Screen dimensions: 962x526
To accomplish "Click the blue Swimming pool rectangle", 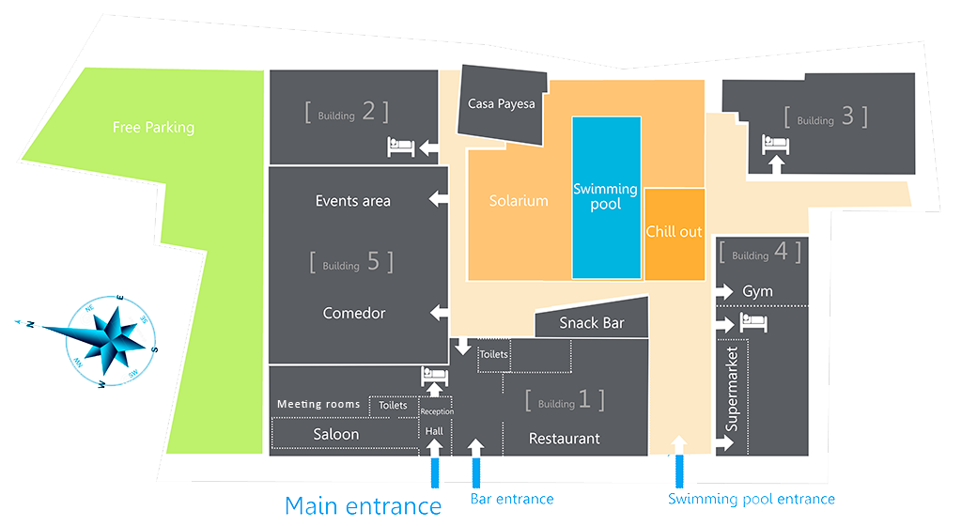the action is pyautogui.click(x=606, y=197).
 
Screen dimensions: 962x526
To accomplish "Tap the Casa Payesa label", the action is pyautogui.click(x=502, y=103).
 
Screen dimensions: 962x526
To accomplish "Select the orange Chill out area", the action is pyautogui.click(x=675, y=234).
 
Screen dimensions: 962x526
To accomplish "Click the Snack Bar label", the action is pyautogui.click(x=592, y=322).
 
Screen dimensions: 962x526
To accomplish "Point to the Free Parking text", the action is pyautogui.click(x=153, y=127).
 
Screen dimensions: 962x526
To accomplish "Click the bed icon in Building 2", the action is pyautogui.click(x=400, y=147).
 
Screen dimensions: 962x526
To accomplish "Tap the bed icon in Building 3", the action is pyautogui.click(x=775, y=144).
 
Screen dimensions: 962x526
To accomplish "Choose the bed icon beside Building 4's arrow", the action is pyautogui.click(x=753, y=322).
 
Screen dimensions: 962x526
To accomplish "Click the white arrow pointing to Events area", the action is pyautogui.click(x=439, y=198).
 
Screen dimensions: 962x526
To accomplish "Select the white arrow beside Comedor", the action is pyautogui.click(x=440, y=313).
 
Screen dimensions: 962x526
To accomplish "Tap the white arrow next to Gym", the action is pyautogui.click(x=724, y=292).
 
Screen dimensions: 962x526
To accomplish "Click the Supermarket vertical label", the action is pyautogui.click(x=731, y=389).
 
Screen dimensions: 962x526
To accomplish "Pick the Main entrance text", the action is pyautogui.click(x=364, y=506).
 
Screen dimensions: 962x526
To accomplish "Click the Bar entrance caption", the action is pyautogui.click(x=512, y=499).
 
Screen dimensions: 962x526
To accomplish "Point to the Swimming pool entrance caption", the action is pyautogui.click(x=751, y=499).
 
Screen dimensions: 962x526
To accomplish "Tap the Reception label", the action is pyautogui.click(x=437, y=411).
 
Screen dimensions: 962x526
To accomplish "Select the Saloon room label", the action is pyautogui.click(x=336, y=434).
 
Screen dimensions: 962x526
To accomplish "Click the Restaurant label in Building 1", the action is pyautogui.click(x=565, y=439).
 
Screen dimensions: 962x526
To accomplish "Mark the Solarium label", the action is pyautogui.click(x=519, y=200).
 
